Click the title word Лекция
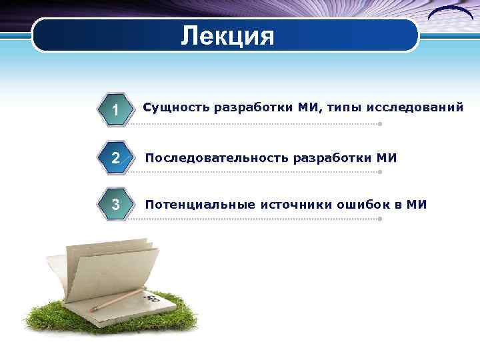point(227,35)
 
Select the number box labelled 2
point(115,158)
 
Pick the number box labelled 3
point(115,204)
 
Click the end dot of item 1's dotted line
point(379,124)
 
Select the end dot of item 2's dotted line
point(379,171)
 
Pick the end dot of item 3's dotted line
point(379,218)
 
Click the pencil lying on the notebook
point(117,301)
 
